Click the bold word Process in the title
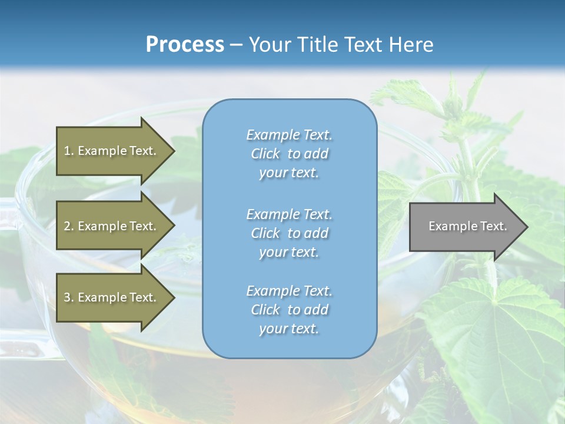point(185,45)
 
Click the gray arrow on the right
point(465,227)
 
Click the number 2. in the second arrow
point(69,226)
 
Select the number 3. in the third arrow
point(69,297)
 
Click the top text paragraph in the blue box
point(289,154)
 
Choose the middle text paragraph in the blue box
point(289,233)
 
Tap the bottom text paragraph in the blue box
point(289,310)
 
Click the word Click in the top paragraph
point(265,154)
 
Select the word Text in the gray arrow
point(494,226)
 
